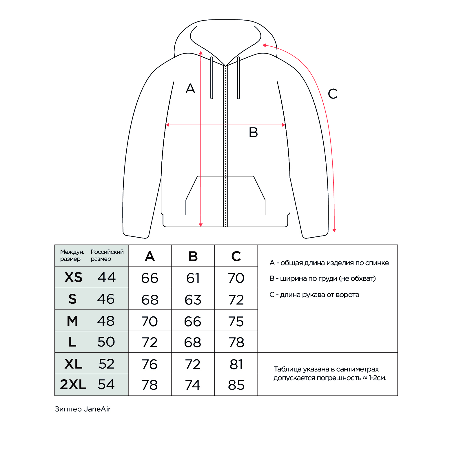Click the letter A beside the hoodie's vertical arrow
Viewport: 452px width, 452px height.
click(190, 89)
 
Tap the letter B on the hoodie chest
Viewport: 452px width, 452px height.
click(253, 133)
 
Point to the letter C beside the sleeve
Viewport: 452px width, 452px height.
click(333, 94)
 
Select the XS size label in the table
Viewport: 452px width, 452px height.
click(73, 277)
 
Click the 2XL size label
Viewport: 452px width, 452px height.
click(73, 385)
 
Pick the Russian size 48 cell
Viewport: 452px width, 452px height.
click(106, 321)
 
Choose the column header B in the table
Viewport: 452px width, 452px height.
click(193, 256)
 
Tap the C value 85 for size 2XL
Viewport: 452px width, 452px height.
click(236, 385)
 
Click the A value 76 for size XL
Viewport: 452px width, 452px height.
click(150, 364)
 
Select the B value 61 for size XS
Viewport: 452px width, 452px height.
click(193, 278)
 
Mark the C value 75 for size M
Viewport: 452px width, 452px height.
click(236, 321)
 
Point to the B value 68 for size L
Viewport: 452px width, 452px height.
click(193, 342)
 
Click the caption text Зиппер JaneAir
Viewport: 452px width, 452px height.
click(83, 409)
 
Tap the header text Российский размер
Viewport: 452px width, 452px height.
click(107, 255)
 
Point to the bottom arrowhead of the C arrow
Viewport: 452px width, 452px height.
click(334, 230)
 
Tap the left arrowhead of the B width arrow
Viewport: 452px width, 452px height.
click(167, 125)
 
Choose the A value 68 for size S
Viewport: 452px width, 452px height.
click(150, 300)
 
